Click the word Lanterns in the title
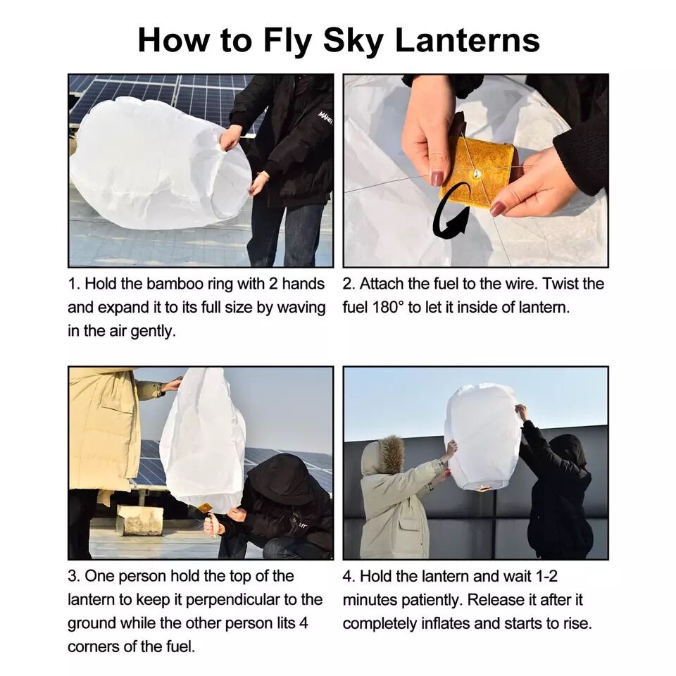tap(468, 40)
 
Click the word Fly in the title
tap(287, 42)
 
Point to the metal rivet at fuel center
tap(477, 174)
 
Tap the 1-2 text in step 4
tap(546, 577)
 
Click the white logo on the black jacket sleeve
tap(325, 118)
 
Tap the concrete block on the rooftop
tap(139, 520)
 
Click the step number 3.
tap(72, 577)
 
